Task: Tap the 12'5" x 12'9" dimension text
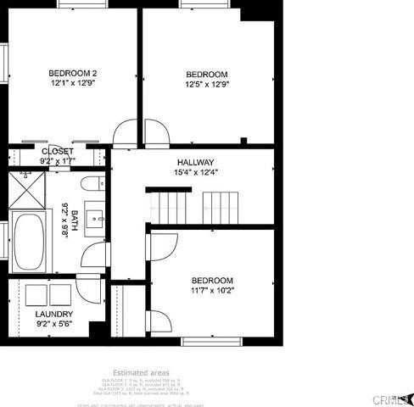pos(208,84)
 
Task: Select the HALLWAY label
pos(195,162)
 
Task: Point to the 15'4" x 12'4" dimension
pos(195,172)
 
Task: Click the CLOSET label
pos(57,151)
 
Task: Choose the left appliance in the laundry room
pos(36,295)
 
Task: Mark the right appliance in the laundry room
pos(62,295)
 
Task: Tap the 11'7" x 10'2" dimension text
pos(211,291)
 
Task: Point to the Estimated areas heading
pos(142,372)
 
